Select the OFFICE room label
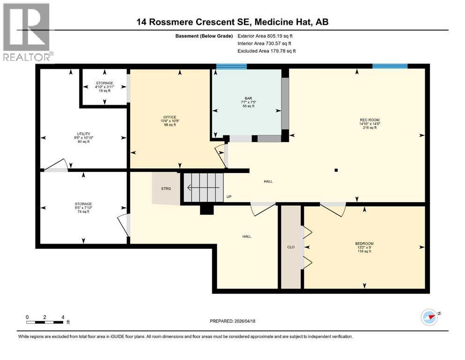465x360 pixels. coord(170,117)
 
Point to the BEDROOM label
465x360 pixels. coord(364,243)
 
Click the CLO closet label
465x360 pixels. coord(290,247)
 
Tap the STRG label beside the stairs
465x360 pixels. coord(166,188)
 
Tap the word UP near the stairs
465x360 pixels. coord(229,196)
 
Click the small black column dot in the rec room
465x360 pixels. coord(336,170)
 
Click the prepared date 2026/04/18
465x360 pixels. coord(233,321)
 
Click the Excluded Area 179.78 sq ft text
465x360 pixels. coord(266,51)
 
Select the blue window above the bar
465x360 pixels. coord(231,67)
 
